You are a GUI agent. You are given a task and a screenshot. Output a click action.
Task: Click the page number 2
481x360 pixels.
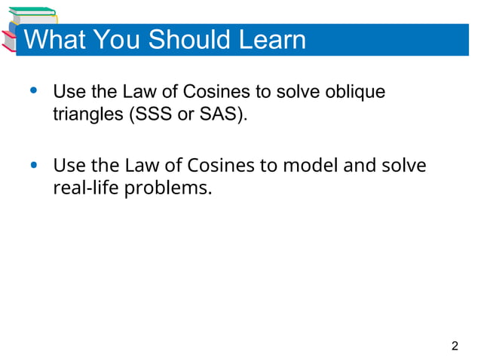point(454,346)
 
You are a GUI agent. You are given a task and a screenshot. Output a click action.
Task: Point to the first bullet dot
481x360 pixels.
point(32,92)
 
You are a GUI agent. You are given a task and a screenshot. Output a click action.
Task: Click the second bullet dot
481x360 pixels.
point(32,165)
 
